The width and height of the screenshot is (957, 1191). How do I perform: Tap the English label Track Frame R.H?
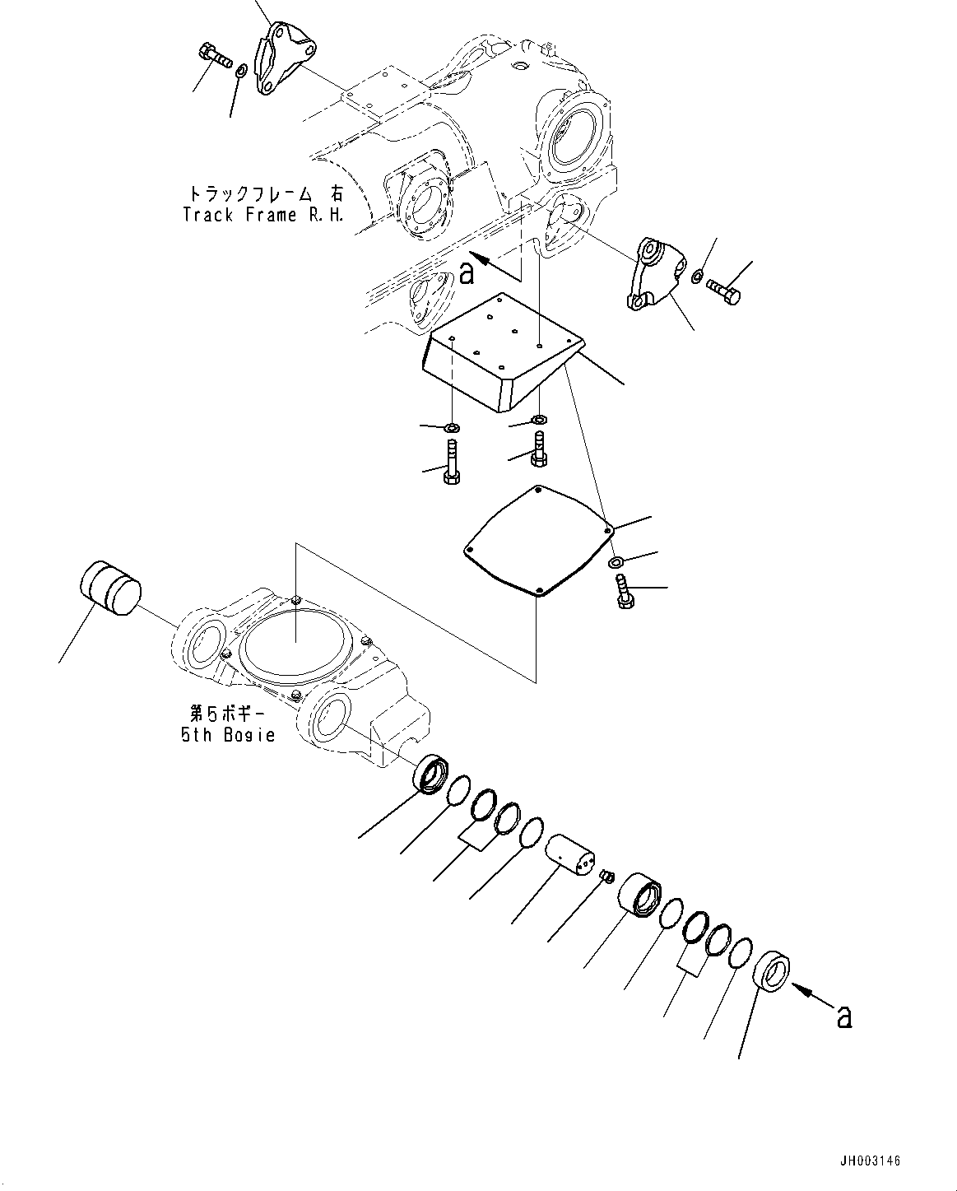tap(262, 215)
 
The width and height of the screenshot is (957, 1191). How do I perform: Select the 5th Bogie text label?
tap(228, 735)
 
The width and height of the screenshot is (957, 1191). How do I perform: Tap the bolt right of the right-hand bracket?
tap(722, 290)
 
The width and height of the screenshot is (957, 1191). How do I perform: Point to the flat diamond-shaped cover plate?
tap(537, 539)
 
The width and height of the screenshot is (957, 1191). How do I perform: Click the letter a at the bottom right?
tap(843, 1017)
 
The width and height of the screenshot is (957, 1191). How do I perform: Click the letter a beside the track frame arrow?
tap(467, 272)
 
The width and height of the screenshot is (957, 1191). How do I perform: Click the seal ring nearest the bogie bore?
tap(431, 776)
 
